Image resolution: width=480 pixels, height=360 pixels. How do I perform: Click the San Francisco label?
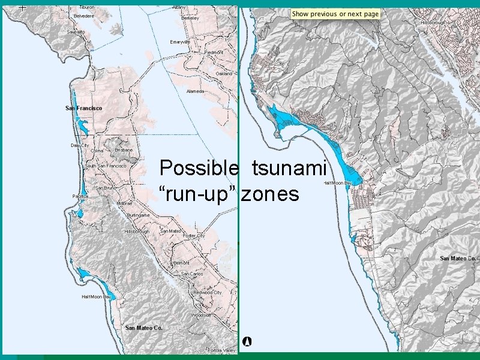(x=83, y=108)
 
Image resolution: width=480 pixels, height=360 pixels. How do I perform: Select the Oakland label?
(x=224, y=73)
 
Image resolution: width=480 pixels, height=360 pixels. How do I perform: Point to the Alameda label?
(x=195, y=91)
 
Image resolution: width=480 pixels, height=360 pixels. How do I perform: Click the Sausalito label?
(x=76, y=32)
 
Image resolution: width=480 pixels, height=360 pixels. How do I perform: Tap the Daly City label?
(x=79, y=145)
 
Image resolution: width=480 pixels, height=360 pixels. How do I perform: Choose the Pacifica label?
(x=80, y=196)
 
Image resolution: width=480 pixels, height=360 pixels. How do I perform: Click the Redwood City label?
(x=209, y=293)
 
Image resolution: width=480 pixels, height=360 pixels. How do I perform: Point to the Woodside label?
(x=201, y=315)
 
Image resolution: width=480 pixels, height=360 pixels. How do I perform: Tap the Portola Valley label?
(x=221, y=350)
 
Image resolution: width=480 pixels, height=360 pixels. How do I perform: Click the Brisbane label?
(x=124, y=149)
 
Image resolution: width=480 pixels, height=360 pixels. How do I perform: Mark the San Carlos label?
(x=192, y=274)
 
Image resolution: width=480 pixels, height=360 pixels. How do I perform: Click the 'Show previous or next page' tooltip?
(x=335, y=14)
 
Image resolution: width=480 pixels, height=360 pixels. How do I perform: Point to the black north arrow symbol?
(x=247, y=341)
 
